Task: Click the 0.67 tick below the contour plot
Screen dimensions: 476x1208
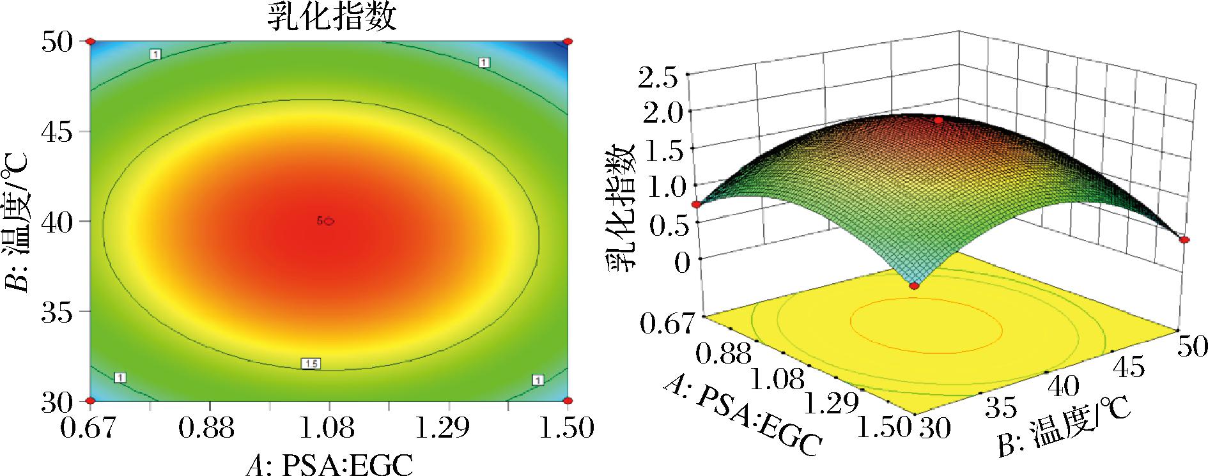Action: click(x=90, y=428)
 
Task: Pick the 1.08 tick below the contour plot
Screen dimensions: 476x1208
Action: click(x=329, y=428)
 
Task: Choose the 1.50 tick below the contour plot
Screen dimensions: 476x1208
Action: click(x=566, y=428)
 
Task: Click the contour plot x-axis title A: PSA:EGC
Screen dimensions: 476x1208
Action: click(x=329, y=464)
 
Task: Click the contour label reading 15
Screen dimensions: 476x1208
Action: click(x=311, y=364)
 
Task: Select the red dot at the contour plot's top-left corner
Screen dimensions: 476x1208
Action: click(x=90, y=42)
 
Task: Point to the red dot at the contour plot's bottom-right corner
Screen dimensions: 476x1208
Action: click(x=568, y=401)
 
